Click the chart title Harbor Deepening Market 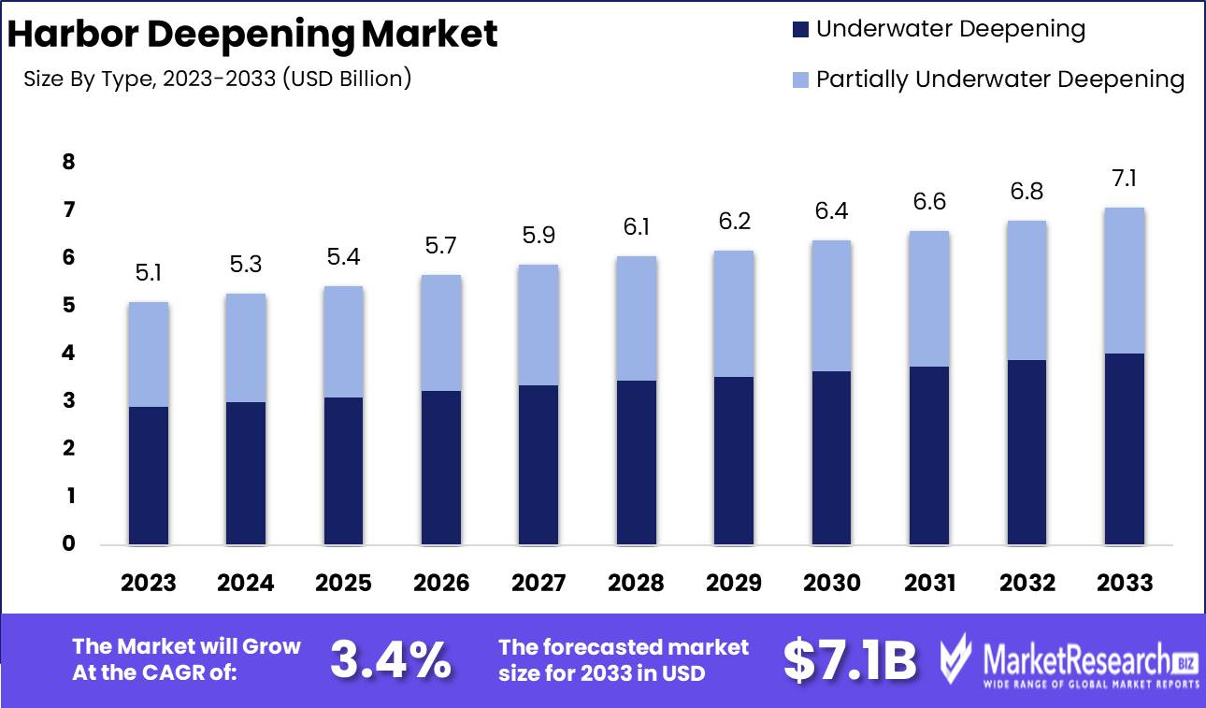point(252,35)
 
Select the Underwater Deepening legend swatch point(800,30)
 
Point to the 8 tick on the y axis point(67,163)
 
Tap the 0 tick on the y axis point(67,543)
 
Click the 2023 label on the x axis point(149,584)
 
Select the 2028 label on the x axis point(636,584)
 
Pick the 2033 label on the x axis point(1125,584)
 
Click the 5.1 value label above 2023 point(149,273)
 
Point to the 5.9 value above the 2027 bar point(538,236)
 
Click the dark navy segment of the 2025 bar point(343,470)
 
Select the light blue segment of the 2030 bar point(831,306)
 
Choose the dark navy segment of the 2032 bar point(1027,452)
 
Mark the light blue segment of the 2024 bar point(246,348)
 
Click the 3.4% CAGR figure point(390,660)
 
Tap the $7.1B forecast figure point(849,660)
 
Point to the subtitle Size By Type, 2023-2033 point(218,79)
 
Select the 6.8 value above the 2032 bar point(1027,192)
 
